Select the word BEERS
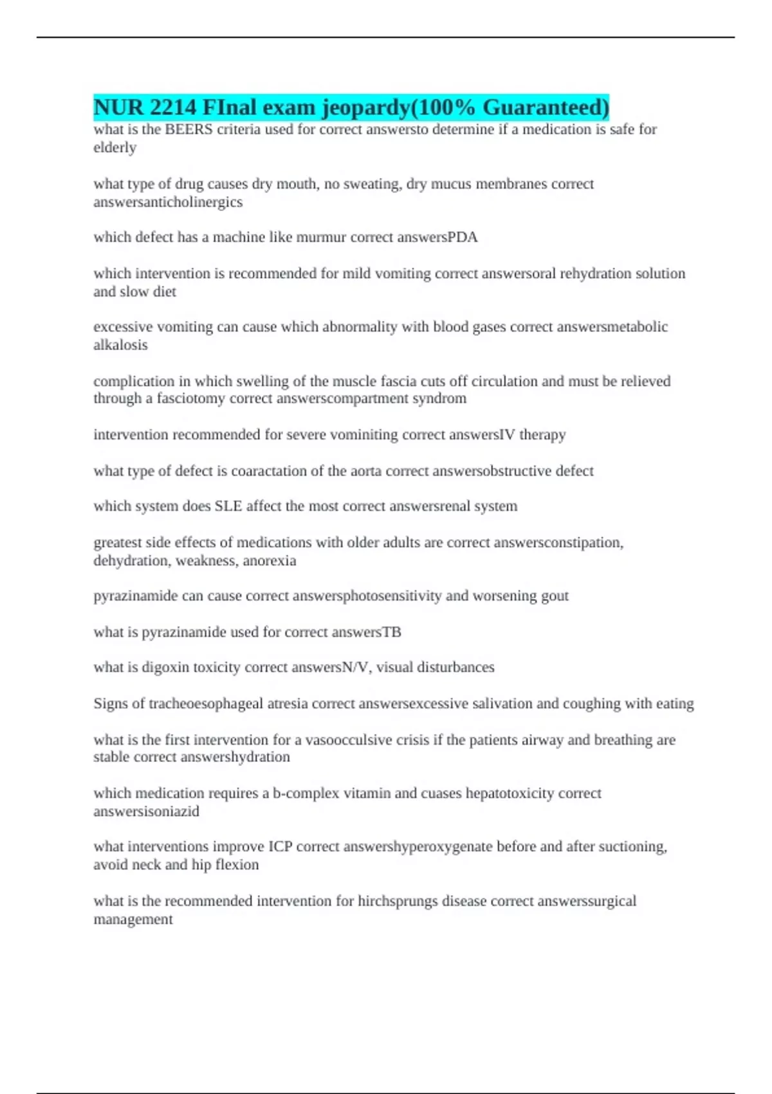point(188,129)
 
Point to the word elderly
point(115,147)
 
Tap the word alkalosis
point(120,345)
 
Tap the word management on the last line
point(133,919)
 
